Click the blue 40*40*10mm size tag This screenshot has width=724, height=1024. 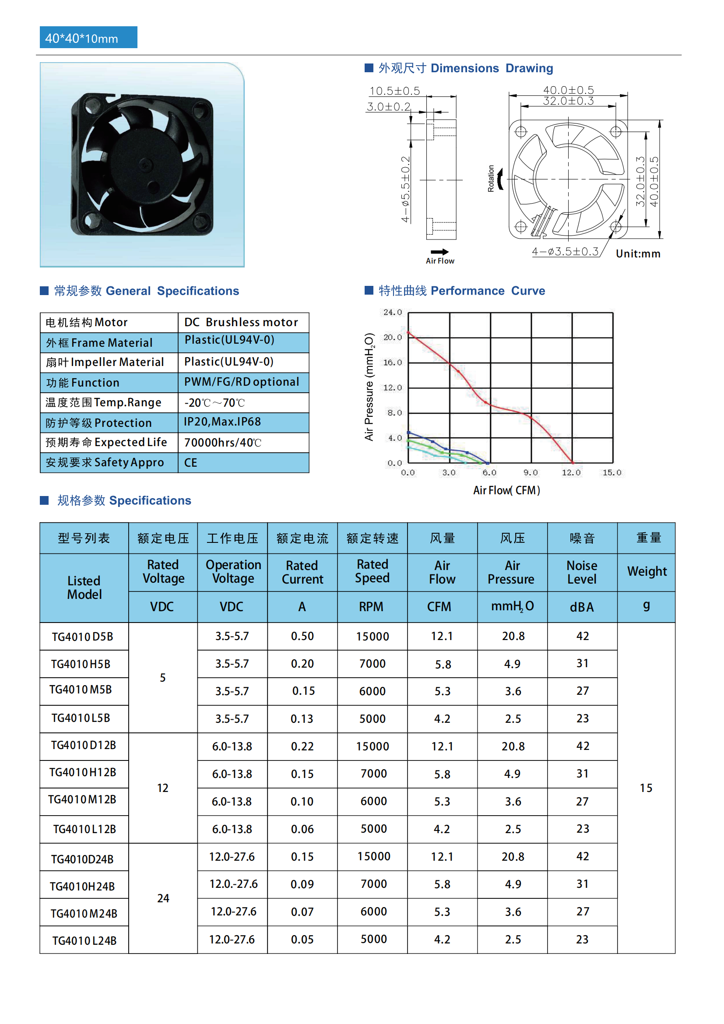[x=88, y=38]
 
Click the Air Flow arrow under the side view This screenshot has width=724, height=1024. [x=439, y=252]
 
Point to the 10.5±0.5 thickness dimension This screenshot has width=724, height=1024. [x=394, y=91]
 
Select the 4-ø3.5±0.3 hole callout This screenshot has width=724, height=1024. [x=565, y=252]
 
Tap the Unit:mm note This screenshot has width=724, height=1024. [x=638, y=254]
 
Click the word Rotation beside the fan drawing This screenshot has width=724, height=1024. [x=491, y=178]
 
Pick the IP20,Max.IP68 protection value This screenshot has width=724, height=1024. [x=222, y=422]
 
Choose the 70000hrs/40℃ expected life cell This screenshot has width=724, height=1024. [x=222, y=443]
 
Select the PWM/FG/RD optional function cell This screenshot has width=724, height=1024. [x=241, y=382]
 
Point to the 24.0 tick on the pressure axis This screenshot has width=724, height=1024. [x=392, y=312]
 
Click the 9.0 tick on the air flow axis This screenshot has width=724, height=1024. [x=531, y=473]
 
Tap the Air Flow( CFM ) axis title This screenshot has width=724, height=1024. [x=506, y=491]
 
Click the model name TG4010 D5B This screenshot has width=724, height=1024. [x=82, y=637]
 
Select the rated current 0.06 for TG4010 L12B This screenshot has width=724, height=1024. [x=302, y=829]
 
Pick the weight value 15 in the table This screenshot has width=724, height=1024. [x=646, y=788]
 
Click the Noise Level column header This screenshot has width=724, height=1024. [x=582, y=572]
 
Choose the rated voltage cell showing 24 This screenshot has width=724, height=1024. [x=163, y=898]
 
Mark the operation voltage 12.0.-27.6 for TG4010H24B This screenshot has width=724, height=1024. [x=234, y=884]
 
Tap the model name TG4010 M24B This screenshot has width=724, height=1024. [x=84, y=914]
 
